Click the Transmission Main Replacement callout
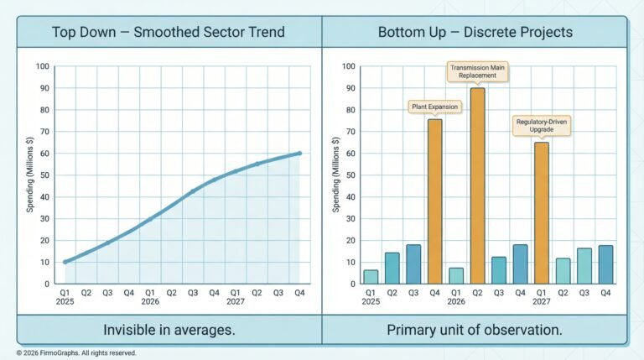478,70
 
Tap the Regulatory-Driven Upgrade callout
542,126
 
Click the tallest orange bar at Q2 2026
478,185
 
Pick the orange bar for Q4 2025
435,201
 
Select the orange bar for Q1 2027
542,213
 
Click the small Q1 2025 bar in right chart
371,277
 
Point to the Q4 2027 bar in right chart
606,264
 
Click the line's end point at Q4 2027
300,154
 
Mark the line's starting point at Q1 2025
65,262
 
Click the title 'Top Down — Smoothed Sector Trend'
169,33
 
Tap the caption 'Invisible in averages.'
169,330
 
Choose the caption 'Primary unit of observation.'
474,330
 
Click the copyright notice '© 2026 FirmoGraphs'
76,353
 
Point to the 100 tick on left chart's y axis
44,66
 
